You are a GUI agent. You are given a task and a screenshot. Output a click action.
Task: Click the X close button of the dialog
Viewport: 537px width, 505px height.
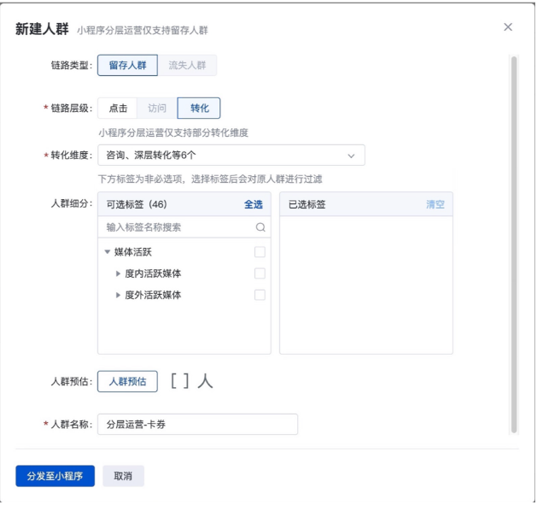(508, 27)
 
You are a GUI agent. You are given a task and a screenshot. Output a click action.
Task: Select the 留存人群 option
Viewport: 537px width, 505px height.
(126, 65)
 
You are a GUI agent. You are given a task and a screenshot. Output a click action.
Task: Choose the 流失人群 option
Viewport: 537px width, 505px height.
(186, 65)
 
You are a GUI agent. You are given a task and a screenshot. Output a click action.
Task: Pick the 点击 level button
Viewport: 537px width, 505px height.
(118, 108)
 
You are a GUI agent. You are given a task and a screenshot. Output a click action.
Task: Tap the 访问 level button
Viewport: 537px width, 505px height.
(157, 108)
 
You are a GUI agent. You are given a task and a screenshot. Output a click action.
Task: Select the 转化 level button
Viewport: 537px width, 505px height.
(199, 108)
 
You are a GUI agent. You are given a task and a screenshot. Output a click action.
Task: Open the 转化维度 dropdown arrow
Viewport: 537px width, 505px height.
(351, 156)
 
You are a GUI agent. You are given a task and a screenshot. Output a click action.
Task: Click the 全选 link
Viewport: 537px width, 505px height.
(254, 205)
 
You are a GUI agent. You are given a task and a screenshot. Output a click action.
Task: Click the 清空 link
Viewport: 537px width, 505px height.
(435, 205)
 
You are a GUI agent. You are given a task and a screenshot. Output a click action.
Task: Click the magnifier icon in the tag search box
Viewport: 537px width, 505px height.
(260, 228)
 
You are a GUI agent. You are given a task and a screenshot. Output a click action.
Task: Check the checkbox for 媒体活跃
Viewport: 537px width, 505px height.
(260, 252)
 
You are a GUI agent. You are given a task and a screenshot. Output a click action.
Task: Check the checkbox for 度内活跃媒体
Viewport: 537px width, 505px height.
(260, 273)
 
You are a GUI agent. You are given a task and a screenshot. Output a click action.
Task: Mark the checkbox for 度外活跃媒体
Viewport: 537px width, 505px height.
(260, 295)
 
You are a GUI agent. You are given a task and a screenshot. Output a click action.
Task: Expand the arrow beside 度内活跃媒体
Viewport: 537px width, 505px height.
(119, 273)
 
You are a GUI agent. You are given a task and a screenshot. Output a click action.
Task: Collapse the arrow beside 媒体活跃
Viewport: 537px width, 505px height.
(108, 252)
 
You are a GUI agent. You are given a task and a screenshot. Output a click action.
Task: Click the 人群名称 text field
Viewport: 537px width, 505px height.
(197, 425)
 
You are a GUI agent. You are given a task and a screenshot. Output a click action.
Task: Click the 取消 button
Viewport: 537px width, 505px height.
(123, 476)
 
